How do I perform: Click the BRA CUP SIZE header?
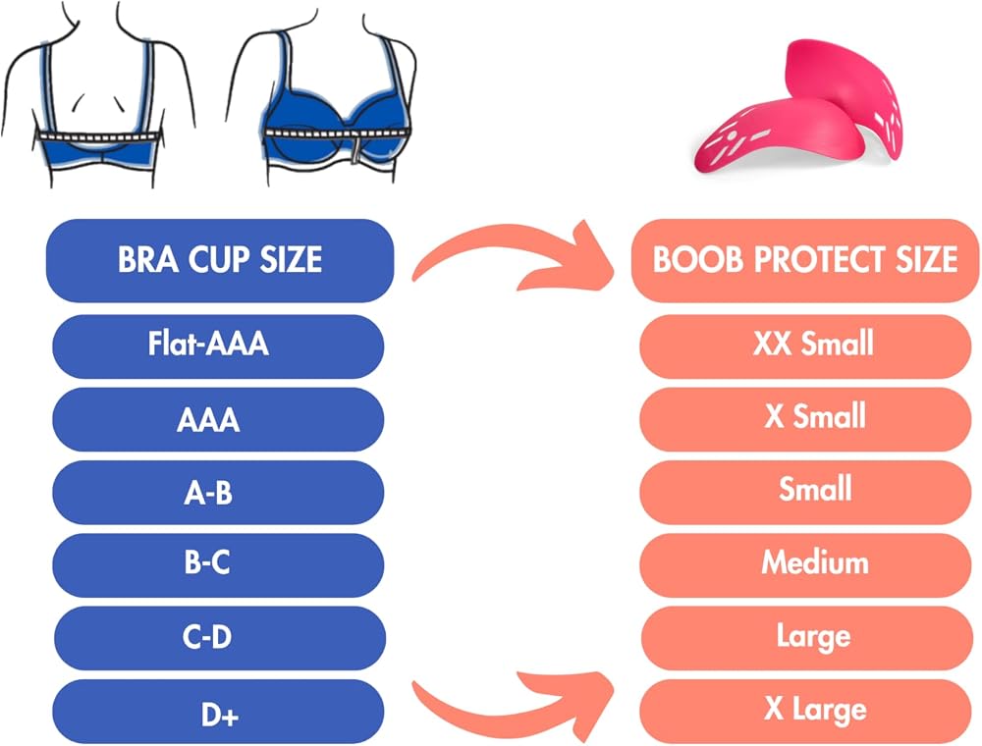220,260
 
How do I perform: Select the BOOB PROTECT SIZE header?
805,260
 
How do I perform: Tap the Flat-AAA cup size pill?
218,346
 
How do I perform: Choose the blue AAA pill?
218,419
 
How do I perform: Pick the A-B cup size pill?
218,493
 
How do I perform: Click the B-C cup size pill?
218,565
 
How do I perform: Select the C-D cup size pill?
219,638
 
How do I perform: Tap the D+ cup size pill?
218,712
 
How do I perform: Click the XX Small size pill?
805,346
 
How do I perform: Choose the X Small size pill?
805,419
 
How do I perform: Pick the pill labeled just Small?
805,493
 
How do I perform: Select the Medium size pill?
805,565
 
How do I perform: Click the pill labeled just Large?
806,638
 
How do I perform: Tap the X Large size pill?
805,712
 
